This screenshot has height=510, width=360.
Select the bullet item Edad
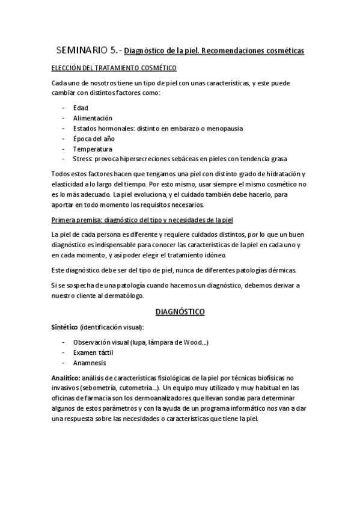(x=81, y=108)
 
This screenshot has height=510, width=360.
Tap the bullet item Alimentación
(x=93, y=118)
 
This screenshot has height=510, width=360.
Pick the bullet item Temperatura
(x=92, y=149)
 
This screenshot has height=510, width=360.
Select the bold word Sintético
(x=66, y=327)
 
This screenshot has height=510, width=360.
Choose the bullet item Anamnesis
(x=90, y=363)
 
